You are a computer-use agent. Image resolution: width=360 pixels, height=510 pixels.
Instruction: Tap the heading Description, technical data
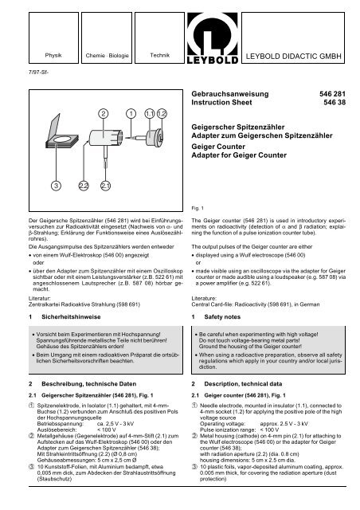[x=250, y=383]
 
